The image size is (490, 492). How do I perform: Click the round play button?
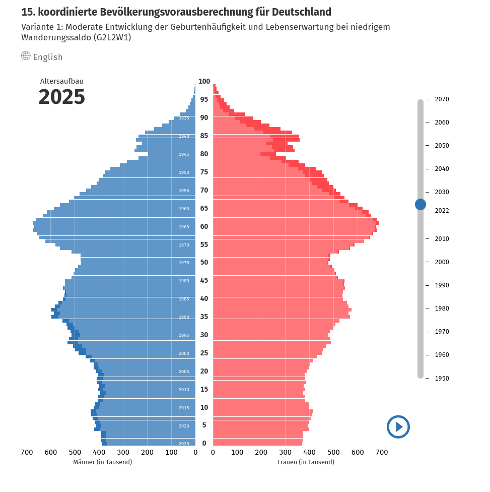click(398, 427)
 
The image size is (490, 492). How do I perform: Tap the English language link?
click(48, 57)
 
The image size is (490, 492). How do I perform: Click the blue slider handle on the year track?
click(421, 204)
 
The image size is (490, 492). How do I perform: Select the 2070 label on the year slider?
click(442, 99)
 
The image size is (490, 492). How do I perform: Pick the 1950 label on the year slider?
click(442, 379)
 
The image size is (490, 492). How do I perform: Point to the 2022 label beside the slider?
click(442, 211)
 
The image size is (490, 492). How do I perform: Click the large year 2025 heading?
click(61, 97)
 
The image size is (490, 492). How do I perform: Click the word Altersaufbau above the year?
click(61, 81)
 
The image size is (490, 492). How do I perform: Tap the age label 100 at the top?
click(204, 81)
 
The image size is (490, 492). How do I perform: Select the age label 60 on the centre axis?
click(204, 226)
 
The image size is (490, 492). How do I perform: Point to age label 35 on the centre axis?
click(204, 317)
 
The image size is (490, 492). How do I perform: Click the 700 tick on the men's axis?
click(27, 453)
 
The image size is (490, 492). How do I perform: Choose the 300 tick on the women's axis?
click(285, 453)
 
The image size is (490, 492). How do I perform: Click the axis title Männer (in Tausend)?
click(102, 462)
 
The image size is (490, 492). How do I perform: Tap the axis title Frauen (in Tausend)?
click(306, 462)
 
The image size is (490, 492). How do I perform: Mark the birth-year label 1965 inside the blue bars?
click(184, 227)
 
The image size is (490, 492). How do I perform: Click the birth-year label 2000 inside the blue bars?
click(184, 353)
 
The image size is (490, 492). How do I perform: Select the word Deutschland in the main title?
click(294, 12)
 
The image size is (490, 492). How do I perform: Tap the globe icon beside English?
click(26, 55)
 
